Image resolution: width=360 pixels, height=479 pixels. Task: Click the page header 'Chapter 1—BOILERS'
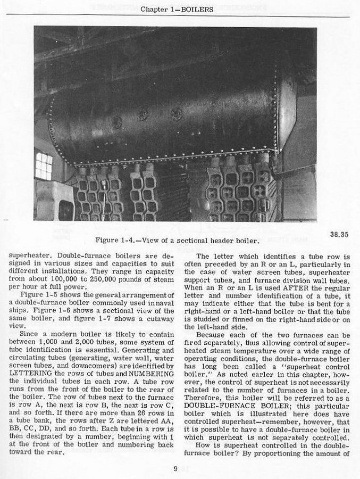click(177, 10)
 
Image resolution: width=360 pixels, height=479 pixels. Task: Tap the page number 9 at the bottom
click(175, 469)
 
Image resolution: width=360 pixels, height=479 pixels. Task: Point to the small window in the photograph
click(44, 166)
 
